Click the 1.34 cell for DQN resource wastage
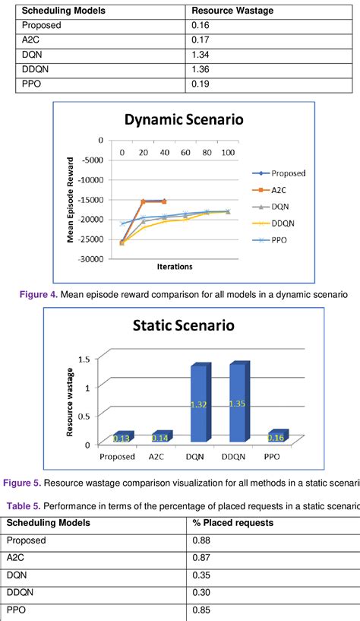[x=200, y=55]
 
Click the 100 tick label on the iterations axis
[x=228, y=153]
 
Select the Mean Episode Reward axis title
[x=71, y=199]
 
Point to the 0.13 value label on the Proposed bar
[x=121, y=439]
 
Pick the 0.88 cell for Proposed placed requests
[x=200, y=540]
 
